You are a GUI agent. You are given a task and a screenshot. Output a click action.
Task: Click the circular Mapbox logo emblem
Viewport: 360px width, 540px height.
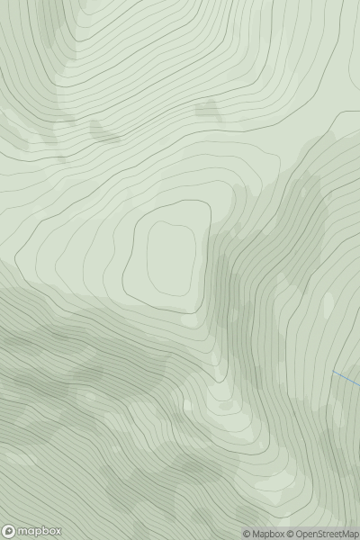pyautogui.click(x=10, y=531)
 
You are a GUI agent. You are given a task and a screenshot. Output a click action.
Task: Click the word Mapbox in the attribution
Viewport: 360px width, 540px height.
pyautogui.click(x=268, y=534)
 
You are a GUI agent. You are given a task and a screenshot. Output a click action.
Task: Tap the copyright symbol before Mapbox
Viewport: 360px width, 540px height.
pyautogui.click(x=247, y=534)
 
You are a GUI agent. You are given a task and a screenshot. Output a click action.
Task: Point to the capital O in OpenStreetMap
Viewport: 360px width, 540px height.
pyautogui.click(x=301, y=534)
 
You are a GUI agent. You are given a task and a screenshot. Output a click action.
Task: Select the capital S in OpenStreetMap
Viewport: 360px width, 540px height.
pyautogui.click(x=322, y=534)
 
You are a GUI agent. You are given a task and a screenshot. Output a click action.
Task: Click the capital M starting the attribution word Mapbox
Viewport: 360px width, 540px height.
pyautogui.click(x=256, y=534)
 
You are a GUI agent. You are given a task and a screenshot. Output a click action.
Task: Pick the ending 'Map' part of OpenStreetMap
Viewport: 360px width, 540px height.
pyautogui.click(x=348, y=534)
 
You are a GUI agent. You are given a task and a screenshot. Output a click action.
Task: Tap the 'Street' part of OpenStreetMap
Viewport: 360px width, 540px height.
pyautogui.click(x=330, y=534)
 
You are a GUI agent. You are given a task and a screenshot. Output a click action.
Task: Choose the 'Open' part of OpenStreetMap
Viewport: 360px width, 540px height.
pyautogui.click(x=309, y=534)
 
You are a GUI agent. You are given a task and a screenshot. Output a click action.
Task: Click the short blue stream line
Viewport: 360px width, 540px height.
pyautogui.click(x=346, y=378)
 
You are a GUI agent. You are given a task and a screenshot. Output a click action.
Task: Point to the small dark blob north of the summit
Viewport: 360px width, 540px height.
pyautogui.click(x=207, y=111)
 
